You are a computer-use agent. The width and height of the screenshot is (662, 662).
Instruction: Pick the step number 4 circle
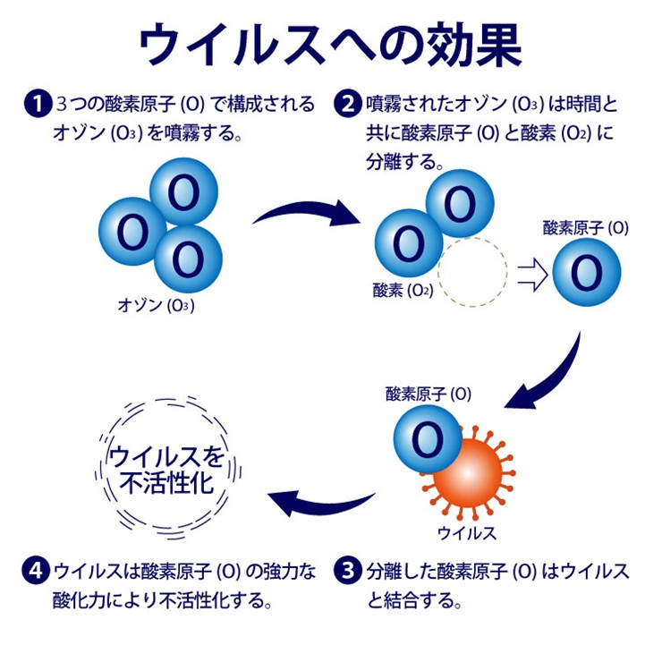pyautogui.click(x=35, y=570)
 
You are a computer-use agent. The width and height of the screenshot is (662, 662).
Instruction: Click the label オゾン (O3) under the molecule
pyautogui.click(x=157, y=305)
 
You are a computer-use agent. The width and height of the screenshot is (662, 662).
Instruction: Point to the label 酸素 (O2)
pyautogui.click(x=403, y=290)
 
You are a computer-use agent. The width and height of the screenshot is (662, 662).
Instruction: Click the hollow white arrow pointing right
pyautogui.click(x=531, y=275)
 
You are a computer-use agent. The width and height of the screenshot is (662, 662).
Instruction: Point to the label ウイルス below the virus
pyautogui.click(x=466, y=534)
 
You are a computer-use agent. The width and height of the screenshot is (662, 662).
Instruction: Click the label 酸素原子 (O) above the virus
pyautogui.click(x=429, y=393)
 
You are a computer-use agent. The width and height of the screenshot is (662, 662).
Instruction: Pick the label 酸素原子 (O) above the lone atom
pyautogui.click(x=585, y=228)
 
